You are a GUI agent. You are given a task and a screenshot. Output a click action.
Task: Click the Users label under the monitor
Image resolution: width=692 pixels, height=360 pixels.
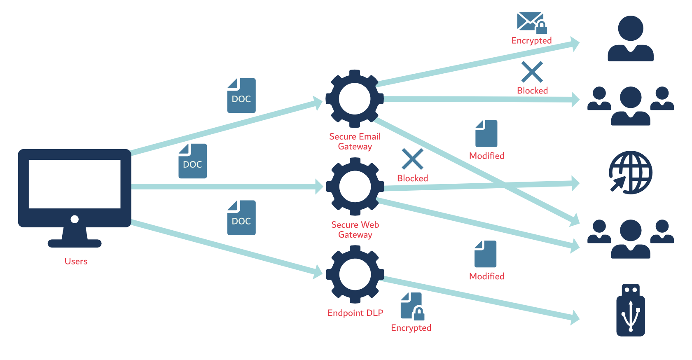click(x=76, y=261)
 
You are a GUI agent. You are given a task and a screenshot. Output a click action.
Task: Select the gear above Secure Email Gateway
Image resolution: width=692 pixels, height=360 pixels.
click(x=355, y=99)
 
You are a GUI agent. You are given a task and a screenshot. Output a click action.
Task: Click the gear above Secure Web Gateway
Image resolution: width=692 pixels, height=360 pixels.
click(x=355, y=187)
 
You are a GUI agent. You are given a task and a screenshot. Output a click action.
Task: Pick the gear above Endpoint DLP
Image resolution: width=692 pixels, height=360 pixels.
click(x=355, y=274)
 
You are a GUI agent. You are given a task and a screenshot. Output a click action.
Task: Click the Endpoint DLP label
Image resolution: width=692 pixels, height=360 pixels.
click(x=355, y=313)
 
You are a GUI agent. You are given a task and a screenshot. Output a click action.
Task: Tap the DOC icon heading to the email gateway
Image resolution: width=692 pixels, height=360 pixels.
click(x=241, y=96)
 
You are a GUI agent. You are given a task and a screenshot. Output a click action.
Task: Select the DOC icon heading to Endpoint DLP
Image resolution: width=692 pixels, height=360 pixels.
click(x=241, y=218)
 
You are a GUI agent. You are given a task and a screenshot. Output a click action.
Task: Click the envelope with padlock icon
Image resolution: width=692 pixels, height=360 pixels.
click(x=531, y=23)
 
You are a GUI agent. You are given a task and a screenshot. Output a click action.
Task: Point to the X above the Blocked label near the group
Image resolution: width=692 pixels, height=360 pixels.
click(x=532, y=72)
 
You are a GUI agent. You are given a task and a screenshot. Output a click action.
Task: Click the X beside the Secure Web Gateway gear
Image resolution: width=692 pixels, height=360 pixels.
click(x=412, y=159)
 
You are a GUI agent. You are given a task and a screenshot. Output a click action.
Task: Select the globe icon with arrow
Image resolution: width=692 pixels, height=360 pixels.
click(x=631, y=173)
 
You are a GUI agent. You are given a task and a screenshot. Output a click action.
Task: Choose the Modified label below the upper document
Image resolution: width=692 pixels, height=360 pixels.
click(x=486, y=156)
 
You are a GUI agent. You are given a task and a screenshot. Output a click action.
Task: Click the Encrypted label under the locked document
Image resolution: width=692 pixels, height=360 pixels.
click(x=411, y=328)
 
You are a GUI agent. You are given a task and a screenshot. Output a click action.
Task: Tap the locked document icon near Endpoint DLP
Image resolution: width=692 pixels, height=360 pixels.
click(x=412, y=306)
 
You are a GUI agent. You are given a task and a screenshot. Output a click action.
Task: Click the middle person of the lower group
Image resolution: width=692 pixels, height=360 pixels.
click(x=631, y=239)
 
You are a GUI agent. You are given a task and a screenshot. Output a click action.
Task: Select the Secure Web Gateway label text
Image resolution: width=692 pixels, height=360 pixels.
click(x=355, y=230)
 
